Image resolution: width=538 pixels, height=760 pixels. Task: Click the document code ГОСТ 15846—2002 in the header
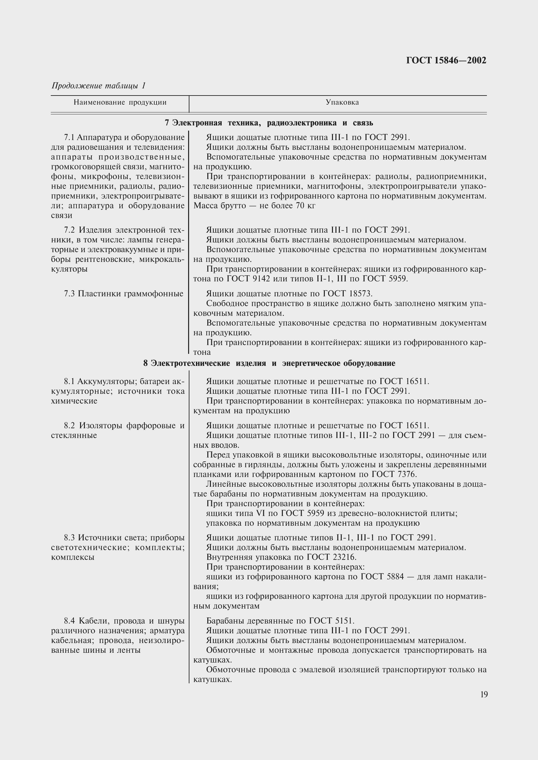pos(446,60)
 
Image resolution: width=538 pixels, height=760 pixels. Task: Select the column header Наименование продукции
pos(120,103)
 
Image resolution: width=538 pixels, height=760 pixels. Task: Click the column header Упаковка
pos(342,103)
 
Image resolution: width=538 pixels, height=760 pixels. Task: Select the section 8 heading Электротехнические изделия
pos(269,364)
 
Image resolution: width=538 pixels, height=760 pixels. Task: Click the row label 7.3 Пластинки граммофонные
pos(123,294)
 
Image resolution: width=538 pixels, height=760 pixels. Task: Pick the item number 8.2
pos(70,425)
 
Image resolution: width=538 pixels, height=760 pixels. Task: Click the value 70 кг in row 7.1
pos(305,206)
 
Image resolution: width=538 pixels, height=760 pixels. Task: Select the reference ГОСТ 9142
pos(249,279)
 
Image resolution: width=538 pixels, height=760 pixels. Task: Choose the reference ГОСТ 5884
pos(382,577)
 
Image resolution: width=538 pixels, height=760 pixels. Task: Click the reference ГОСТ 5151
pos(331,621)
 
